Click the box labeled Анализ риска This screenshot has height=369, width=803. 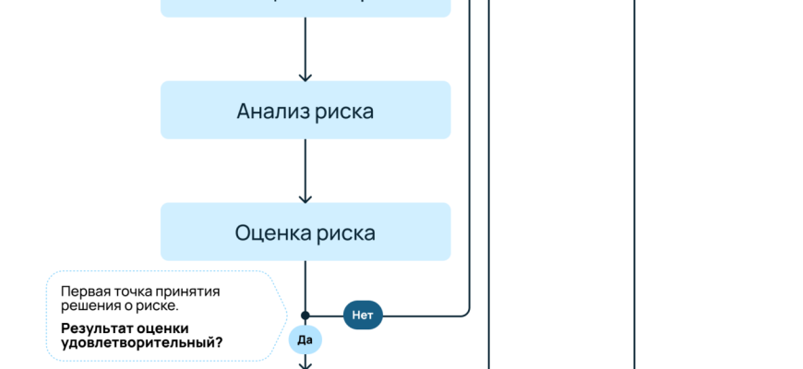tap(306, 110)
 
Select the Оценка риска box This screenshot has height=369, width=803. tap(306, 232)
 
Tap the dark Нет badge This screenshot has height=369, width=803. tap(363, 315)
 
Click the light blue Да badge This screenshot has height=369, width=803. tap(306, 339)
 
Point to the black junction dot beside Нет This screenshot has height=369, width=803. tap(306, 315)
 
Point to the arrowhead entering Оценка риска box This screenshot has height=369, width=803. tap(306, 197)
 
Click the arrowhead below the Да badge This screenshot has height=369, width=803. tap(306, 364)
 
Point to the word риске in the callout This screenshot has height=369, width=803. tap(158, 304)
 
